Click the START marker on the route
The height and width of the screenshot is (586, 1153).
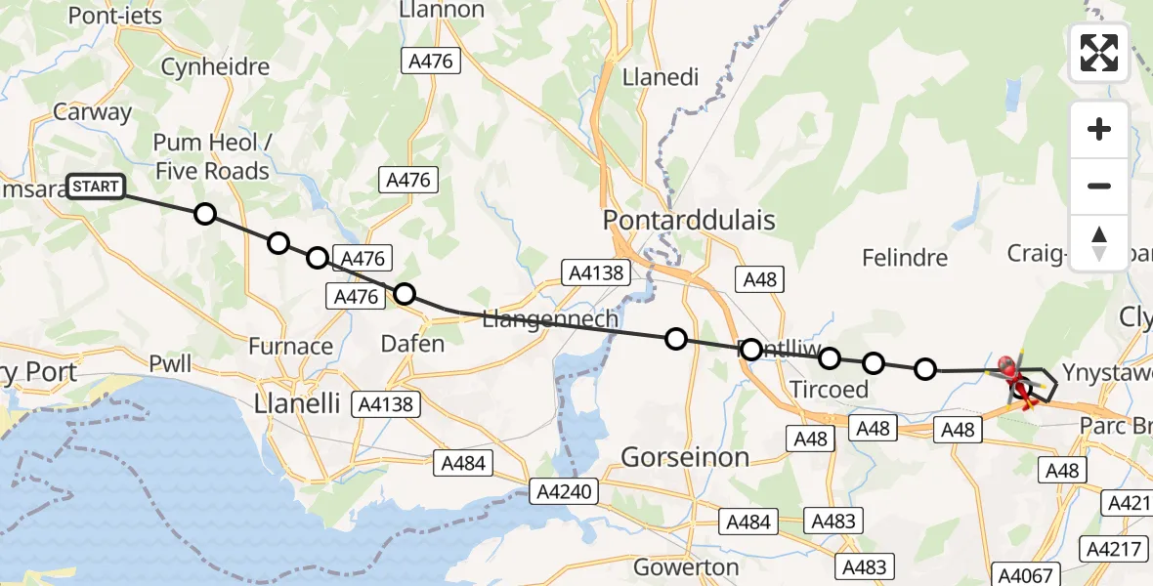point(96,187)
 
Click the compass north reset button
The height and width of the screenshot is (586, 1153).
point(1099,242)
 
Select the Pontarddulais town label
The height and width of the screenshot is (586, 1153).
point(689,220)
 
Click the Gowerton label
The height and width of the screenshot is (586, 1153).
point(686,567)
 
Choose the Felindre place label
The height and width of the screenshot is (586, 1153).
point(905,258)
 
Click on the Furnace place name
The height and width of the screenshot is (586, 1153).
point(290,347)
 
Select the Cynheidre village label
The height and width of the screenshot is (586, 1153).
point(214,67)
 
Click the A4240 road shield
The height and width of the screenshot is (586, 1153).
point(563,491)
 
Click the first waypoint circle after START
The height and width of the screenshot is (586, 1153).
point(204,214)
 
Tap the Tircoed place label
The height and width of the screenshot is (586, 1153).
point(829,390)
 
